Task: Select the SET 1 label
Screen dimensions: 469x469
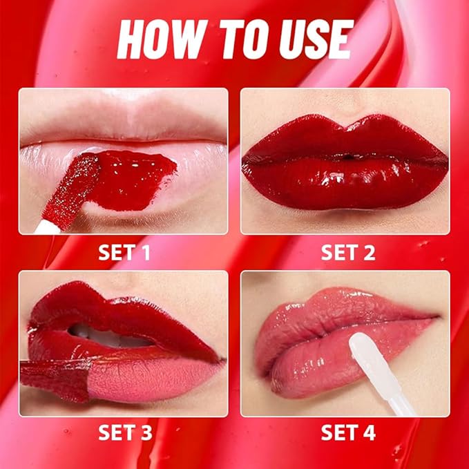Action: [x=124, y=252]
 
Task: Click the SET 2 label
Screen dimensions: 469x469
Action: [x=347, y=252]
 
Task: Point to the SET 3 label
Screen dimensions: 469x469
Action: [x=124, y=433]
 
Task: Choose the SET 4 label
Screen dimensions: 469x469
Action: [x=347, y=433]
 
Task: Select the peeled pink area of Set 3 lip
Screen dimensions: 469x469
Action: [x=152, y=376]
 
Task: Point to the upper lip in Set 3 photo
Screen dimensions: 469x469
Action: [x=104, y=304]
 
